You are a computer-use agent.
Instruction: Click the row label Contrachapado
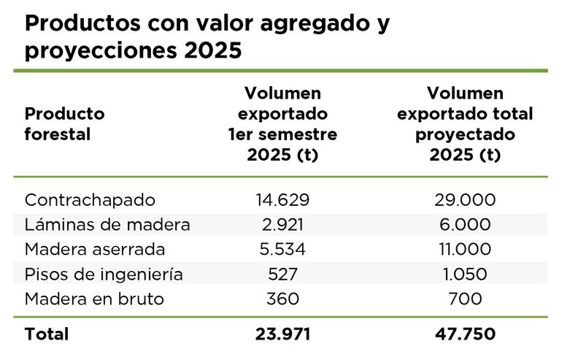point(90,200)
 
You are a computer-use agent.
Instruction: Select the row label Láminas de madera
point(107,225)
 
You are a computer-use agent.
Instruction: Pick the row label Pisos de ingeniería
point(104,275)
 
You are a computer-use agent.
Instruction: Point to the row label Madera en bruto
point(94,299)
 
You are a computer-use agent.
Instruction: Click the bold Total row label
point(47,334)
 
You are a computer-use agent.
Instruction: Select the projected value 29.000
point(465,200)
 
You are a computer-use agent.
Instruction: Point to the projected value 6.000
point(465,225)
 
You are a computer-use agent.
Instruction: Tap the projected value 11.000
point(465,250)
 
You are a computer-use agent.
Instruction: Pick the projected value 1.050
point(465,275)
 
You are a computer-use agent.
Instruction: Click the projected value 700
point(465,299)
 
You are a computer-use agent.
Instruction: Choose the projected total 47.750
point(465,334)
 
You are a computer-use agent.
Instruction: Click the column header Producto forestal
point(64,124)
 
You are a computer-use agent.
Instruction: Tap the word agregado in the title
point(305,25)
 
